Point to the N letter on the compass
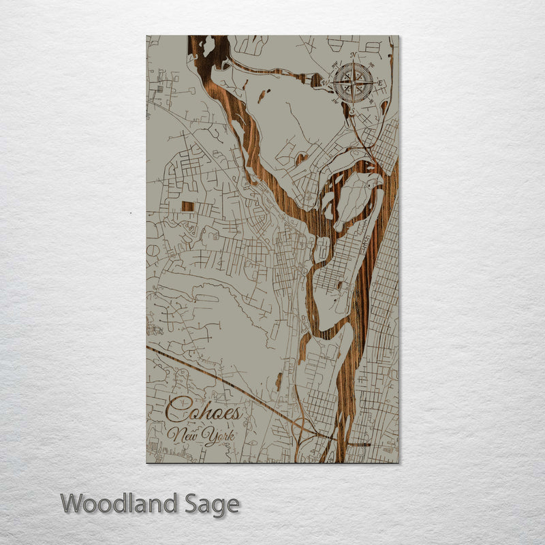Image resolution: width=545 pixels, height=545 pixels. click(352, 57)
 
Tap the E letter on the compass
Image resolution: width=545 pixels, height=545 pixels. click(380, 84)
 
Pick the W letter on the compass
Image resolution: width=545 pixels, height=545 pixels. click(328, 82)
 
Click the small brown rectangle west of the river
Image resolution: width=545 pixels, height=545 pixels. click(187, 206)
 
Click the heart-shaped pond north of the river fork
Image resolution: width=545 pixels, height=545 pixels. click(300, 159)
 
